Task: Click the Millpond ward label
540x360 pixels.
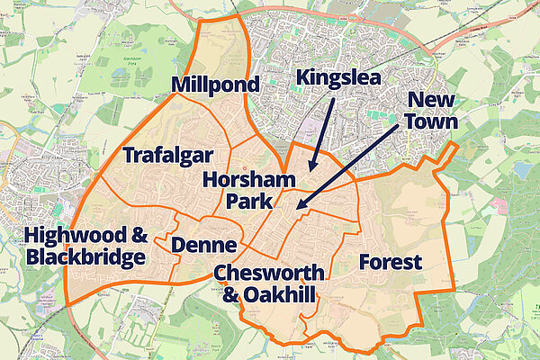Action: [215, 85]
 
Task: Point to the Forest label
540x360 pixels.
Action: [390, 262]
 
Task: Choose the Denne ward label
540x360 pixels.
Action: [203, 245]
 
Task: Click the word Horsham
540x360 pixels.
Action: [249, 178]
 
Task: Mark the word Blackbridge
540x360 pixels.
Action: [85, 258]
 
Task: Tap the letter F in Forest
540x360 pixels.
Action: [364, 262]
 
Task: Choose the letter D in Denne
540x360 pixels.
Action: [178, 245]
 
